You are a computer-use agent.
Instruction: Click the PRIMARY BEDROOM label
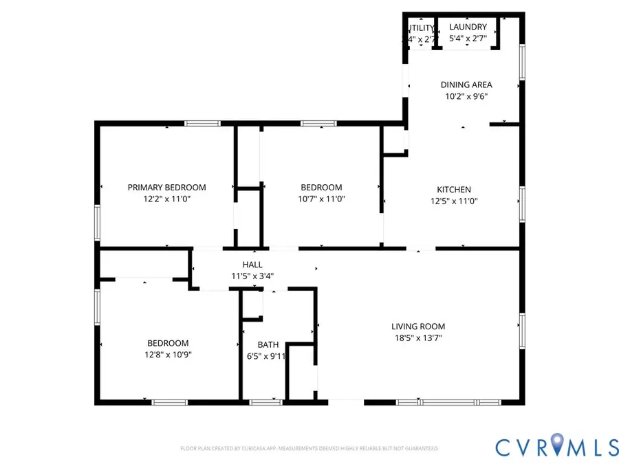(166, 187)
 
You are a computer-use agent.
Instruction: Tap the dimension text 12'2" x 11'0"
(166, 199)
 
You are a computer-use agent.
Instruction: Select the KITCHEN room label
(454, 190)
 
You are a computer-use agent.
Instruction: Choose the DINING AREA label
(466, 85)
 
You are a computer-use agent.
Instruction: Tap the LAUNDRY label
(468, 27)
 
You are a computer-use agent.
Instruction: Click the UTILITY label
(420, 28)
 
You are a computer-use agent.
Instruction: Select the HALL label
(252, 265)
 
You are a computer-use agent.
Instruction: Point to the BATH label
(268, 344)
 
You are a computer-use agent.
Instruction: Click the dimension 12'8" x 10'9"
(168, 355)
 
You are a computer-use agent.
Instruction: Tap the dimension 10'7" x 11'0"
(321, 199)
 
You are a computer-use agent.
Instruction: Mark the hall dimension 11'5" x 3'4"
(252, 276)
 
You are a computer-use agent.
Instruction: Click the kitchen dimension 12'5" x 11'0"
(454, 201)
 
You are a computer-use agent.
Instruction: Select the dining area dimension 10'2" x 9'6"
(466, 97)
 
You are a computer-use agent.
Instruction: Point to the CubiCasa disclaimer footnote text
(309, 448)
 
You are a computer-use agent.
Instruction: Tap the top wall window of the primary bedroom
(202, 124)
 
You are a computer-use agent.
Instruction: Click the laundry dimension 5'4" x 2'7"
(468, 39)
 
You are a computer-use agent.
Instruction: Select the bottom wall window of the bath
(261, 401)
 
